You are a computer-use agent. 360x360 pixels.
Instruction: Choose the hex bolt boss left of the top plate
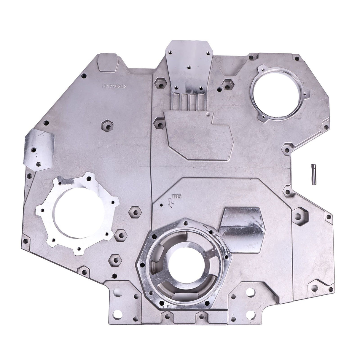coord(159,83)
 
